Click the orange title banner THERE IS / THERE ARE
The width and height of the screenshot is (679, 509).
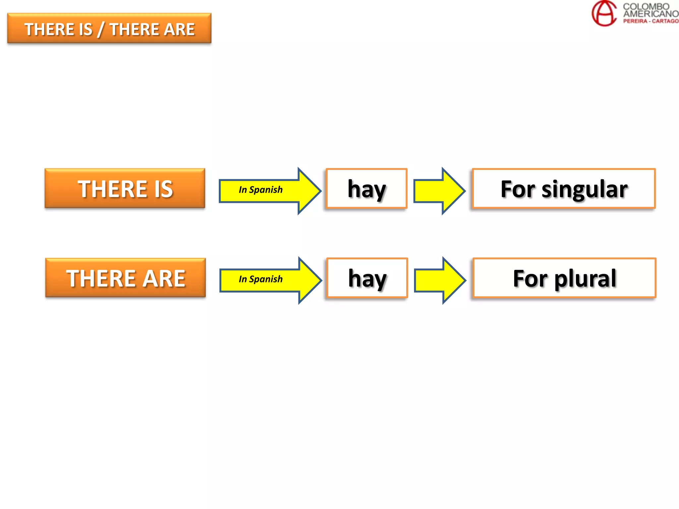[x=109, y=28]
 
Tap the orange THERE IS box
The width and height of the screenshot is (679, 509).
[x=125, y=189]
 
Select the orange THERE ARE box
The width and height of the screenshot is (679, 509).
[x=125, y=278]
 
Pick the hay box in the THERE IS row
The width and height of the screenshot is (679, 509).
[x=367, y=189]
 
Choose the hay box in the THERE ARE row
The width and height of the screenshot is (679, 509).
[x=367, y=278]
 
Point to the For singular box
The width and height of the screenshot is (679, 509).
[x=564, y=189]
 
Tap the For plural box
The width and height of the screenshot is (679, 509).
[x=565, y=278]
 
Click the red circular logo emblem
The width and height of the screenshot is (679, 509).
[x=604, y=13]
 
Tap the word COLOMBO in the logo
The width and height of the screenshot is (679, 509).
[x=646, y=6]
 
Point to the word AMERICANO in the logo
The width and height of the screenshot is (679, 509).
[x=650, y=14]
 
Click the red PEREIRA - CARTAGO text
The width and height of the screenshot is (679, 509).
[x=650, y=21]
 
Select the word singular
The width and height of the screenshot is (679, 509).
[x=585, y=190]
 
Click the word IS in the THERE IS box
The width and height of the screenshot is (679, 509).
[x=163, y=189]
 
